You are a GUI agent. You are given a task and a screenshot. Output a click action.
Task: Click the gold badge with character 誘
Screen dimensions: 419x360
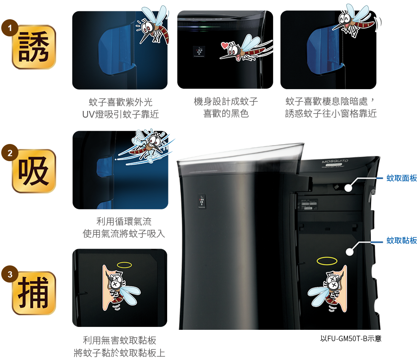pyautogui.click(x=34, y=47)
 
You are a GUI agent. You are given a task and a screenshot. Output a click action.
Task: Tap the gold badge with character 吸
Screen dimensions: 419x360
pyautogui.click(x=34, y=171)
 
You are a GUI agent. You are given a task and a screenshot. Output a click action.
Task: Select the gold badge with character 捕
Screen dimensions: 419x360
pyautogui.click(x=34, y=293)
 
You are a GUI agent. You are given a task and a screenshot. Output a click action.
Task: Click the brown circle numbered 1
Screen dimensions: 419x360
pyautogui.click(x=10, y=28)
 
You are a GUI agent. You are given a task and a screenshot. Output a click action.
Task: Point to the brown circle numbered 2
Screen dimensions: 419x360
pyautogui.click(x=10, y=153)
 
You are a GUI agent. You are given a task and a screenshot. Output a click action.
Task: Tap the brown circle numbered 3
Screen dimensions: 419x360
pyautogui.click(x=10, y=274)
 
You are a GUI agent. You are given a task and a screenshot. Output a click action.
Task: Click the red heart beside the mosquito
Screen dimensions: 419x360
pyautogui.click(x=225, y=45)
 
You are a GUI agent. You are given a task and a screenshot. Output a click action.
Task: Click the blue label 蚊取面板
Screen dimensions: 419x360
pyautogui.click(x=402, y=178)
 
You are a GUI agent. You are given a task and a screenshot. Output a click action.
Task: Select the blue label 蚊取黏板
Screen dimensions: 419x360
pyautogui.click(x=402, y=240)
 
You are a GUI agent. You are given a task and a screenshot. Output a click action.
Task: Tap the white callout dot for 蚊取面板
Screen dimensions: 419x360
pyautogui.click(x=348, y=188)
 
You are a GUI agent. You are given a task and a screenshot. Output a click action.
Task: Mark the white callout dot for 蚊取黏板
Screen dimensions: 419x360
pyautogui.click(x=349, y=252)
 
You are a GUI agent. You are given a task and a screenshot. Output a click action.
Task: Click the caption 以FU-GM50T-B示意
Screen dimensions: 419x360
pyautogui.click(x=351, y=339)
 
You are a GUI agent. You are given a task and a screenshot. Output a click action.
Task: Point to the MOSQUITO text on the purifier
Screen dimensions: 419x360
pyautogui.click(x=335, y=161)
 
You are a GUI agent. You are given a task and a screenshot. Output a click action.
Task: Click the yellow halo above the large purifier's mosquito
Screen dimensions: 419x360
pyautogui.click(x=327, y=261)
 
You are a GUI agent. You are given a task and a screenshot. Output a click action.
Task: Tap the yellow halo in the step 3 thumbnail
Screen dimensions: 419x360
pyautogui.click(x=124, y=265)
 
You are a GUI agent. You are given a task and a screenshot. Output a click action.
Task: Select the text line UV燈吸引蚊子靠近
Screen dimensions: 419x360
pyautogui.click(x=121, y=114)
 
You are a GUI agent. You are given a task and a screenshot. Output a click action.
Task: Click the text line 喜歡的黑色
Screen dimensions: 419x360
pyautogui.click(x=226, y=113)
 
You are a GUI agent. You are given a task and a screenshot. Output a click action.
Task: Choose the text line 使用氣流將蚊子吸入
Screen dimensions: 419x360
pyautogui.click(x=124, y=234)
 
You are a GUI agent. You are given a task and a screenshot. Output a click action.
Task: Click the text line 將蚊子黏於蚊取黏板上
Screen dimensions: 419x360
pyautogui.click(x=119, y=353)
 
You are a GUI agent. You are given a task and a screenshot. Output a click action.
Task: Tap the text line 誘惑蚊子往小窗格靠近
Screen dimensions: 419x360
pyautogui.click(x=331, y=113)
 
